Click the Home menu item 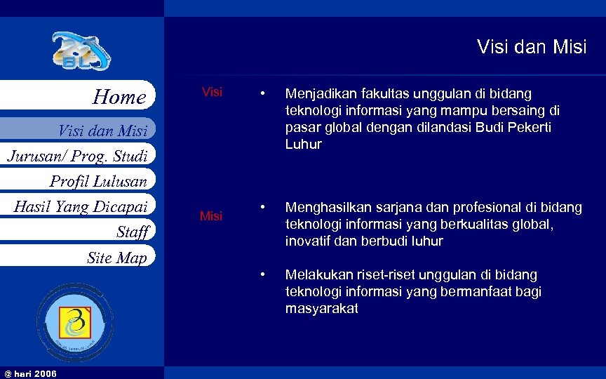point(119,97)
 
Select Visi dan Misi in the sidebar point(102,131)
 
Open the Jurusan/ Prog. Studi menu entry point(77,155)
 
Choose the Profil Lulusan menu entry point(98,182)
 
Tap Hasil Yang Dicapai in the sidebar point(81,206)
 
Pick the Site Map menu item point(116,258)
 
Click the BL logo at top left point(81,52)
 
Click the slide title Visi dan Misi point(531,47)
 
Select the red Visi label point(212,93)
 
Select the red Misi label point(211,216)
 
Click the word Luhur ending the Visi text point(303,145)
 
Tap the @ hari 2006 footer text point(30,373)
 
